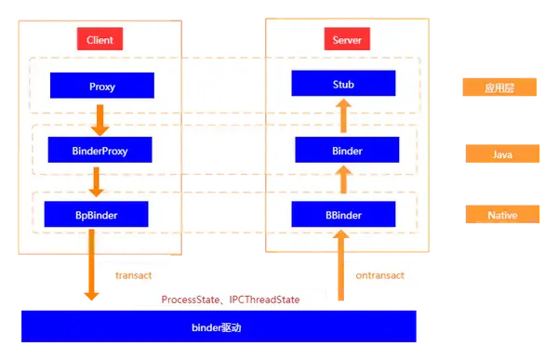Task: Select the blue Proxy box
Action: (102, 87)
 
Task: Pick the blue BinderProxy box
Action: (100, 150)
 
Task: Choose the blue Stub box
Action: (343, 84)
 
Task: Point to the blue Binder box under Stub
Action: (346, 150)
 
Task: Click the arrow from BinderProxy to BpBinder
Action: (100, 181)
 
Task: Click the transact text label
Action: (133, 275)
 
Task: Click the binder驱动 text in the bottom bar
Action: (216, 328)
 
